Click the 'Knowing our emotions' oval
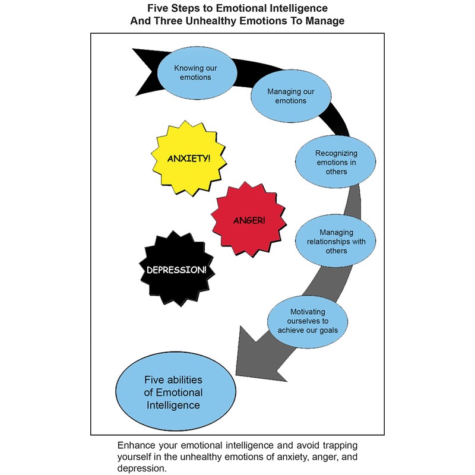click(192, 72)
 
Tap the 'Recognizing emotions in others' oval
click(335, 161)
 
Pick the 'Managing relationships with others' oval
click(335, 241)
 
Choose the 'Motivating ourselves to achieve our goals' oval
click(307, 321)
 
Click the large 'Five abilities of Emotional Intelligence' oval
click(174, 392)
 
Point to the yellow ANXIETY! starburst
click(189, 159)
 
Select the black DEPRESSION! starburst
click(177, 269)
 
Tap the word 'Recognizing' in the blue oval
click(335, 153)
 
